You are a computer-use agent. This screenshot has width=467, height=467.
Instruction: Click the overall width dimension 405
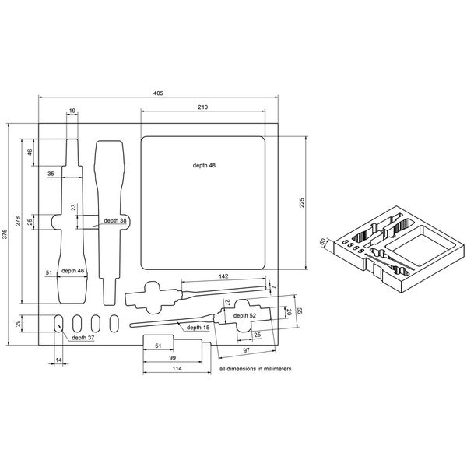pyautogui.click(x=158, y=93)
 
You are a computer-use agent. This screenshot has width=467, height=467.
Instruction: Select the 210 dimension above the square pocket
pyautogui.click(x=203, y=107)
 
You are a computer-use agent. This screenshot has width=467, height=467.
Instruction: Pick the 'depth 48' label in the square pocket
pyautogui.click(x=204, y=166)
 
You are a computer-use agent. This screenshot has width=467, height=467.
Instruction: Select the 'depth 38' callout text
pyautogui.click(x=115, y=220)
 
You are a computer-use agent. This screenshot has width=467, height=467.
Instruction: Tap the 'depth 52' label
pyautogui.click(x=242, y=315)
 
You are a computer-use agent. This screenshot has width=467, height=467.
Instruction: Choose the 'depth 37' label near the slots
pyautogui.click(x=83, y=339)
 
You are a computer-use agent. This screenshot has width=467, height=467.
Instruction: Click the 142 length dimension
pyautogui.click(x=223, y=276)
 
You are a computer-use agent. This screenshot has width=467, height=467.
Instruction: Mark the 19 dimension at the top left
pyautogui.click(x=72, y=111)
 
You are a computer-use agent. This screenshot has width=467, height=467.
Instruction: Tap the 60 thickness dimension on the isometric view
pyautogui.click(x=321, y=241)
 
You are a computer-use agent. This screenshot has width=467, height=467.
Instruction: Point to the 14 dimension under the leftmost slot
pyautogui.click(x=58, y=360)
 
